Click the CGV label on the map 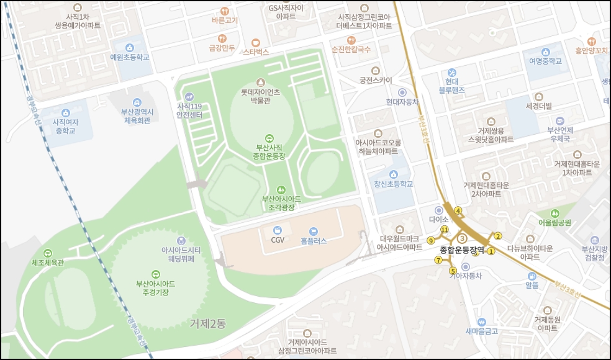277,240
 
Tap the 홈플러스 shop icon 313,231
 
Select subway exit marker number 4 458,210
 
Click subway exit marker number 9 430,241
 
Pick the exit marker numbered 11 444,230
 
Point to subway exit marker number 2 497,236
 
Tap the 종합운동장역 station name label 462,250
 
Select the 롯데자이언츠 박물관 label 261,96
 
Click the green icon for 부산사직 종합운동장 269,138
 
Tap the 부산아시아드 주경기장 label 155,287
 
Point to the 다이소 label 438,220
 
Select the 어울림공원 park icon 554,213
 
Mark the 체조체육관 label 48,263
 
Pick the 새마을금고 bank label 482,331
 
